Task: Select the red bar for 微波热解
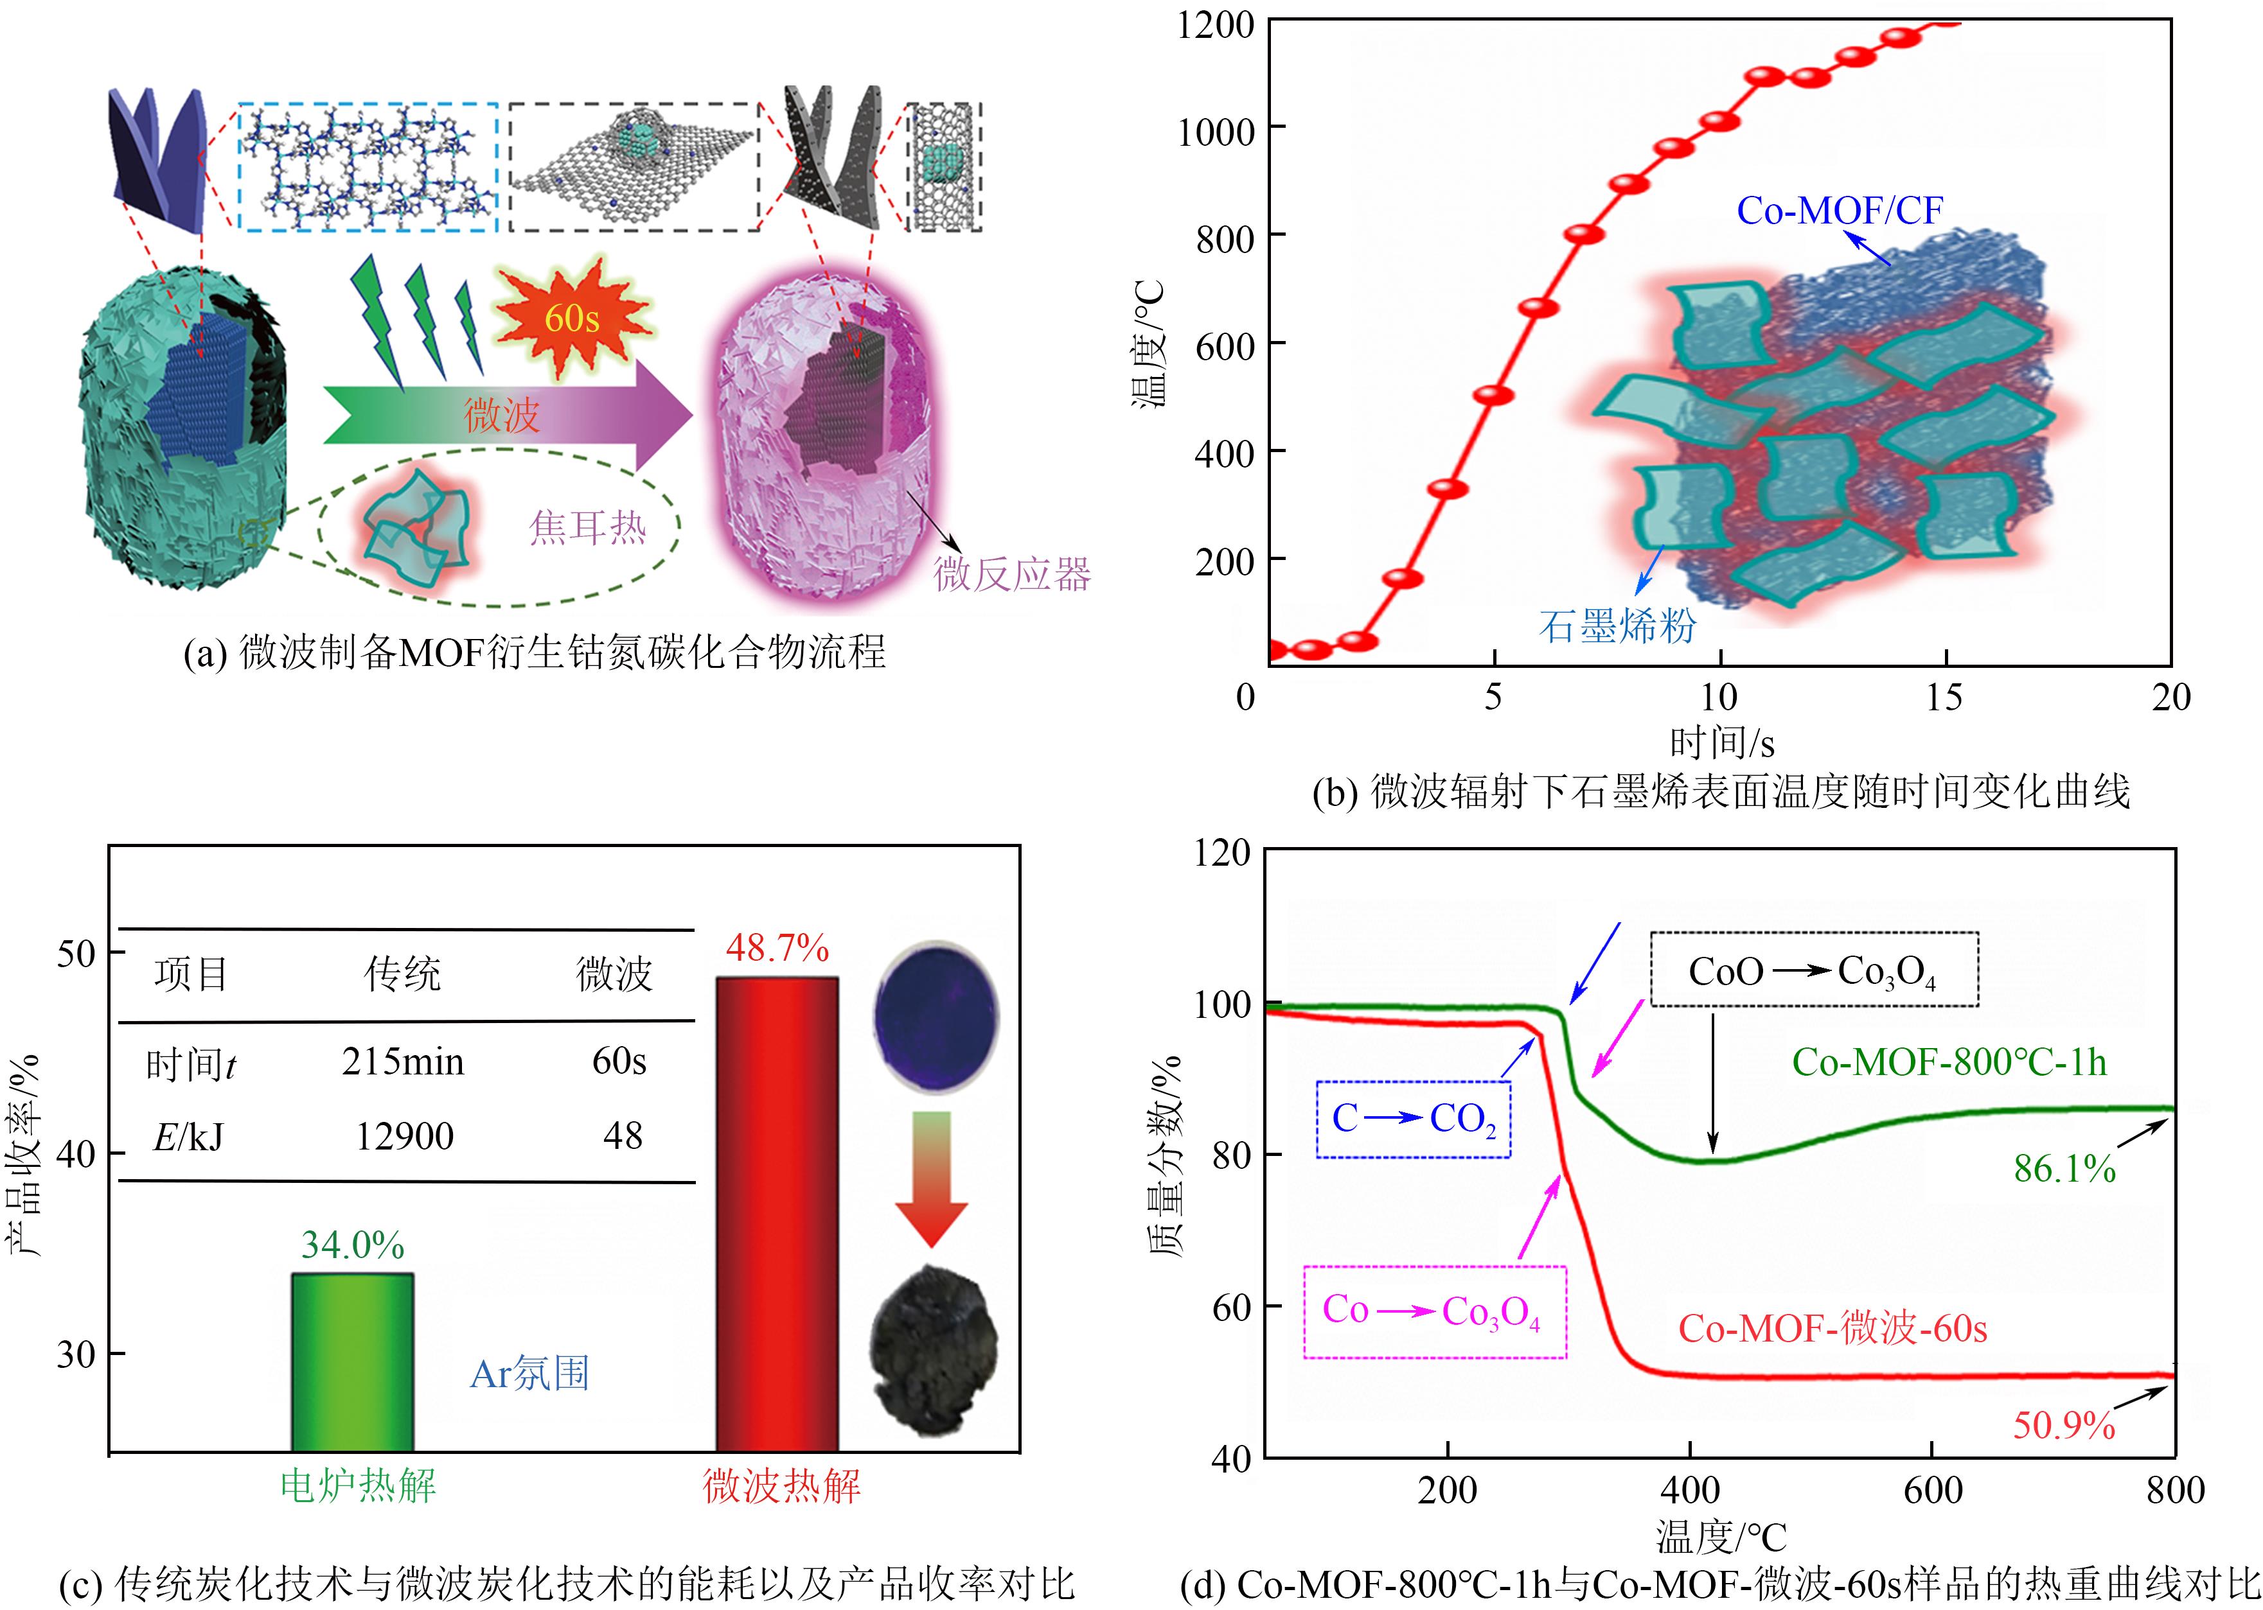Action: pyautogui.click(x=776, y=1214)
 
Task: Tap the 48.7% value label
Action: pyautogui.click(x=776, y=949)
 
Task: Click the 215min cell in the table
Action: pyautogui.click(x=403, y=1062)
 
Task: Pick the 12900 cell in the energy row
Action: pyautogui.click(x=405, y=1136)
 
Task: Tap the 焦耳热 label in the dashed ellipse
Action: pyautogui.click(x=587, y=527)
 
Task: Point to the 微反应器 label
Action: pyautogui.click(x=1011, y=575)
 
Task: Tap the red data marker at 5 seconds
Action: pyautogui.click(x=1493, y=394)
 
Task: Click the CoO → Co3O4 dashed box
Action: pyautogui.click(x=1813, y=970)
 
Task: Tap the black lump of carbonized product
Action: pyautogui.click(x=933, y=1348)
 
